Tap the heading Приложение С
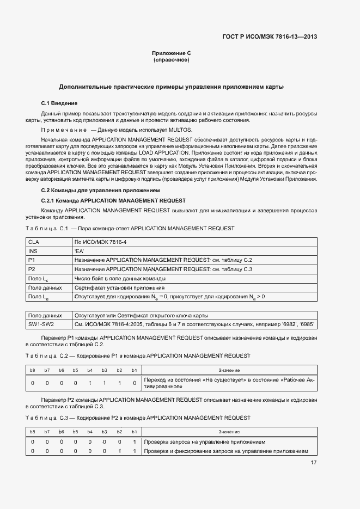[x=172, y=53]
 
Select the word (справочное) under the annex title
[x=172, y=60]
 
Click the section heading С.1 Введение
[x=59, y=103]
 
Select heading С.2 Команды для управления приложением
[x=100, y=190]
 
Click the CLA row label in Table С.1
[x=34, y=242]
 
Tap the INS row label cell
[x=34, y=251]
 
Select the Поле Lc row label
[x=39, y=278]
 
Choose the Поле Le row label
[x=39, y=297]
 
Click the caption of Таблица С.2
[x=138, y=355]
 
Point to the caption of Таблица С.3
[x=138, y=418]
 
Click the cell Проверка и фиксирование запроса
[x=226, y=451]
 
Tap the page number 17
[x=314, y=463]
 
